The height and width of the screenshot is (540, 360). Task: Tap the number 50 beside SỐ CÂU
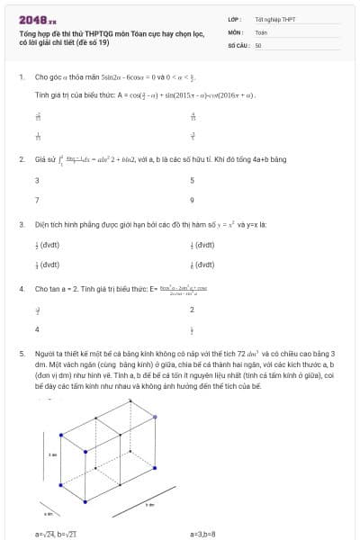point(258,44)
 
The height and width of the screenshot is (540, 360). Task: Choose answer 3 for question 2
point(36,180)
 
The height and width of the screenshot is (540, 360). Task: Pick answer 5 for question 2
point(193,180)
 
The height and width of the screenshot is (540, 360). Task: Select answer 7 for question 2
point(36,200)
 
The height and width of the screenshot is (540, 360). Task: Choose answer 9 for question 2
point(193,200)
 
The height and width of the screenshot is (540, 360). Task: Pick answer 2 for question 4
point(192,310)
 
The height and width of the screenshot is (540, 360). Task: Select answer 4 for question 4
point(36,329)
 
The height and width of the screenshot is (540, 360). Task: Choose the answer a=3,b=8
point(203,534)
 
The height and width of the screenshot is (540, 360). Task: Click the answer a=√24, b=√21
point(56,534)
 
